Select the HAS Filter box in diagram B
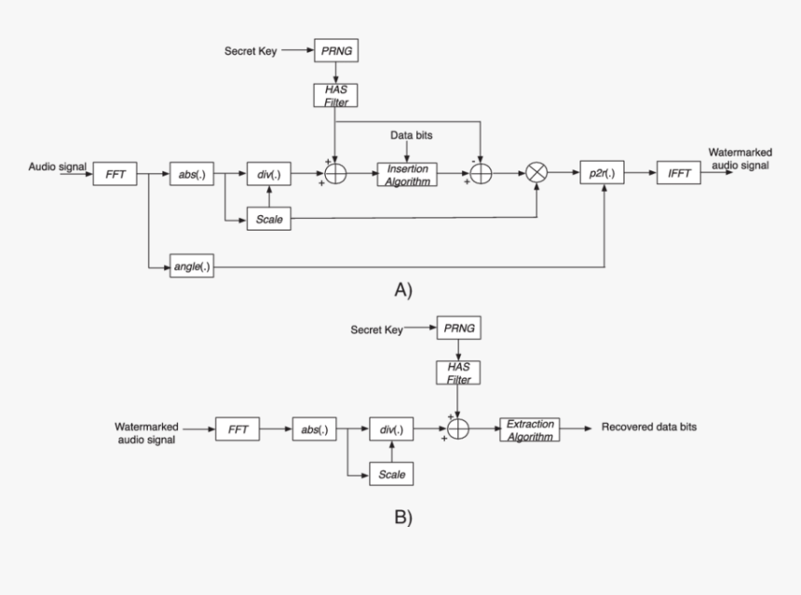coord(457,373)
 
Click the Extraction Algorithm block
coord(530,429)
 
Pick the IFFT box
coord(679,173)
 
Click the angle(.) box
coord(191,267)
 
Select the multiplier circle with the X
coord(537,173)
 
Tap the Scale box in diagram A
coord(268,221)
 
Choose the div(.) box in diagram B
coord(391,429)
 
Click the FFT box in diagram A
coord(115,173)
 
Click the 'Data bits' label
coord(411,135)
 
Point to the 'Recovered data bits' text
coord(649,427)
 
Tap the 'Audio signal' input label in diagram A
coord(57,168)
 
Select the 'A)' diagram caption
coord(402,291)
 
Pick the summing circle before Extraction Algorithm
coord(457,429)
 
